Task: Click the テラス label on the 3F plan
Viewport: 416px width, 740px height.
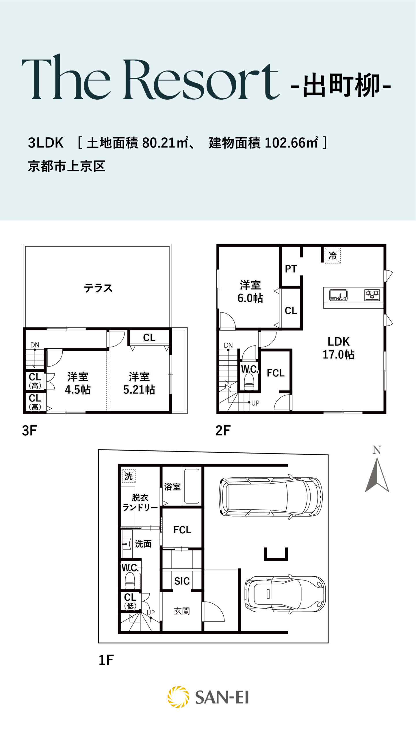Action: click(98, 288)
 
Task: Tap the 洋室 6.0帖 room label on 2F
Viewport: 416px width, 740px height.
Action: click(250, 292)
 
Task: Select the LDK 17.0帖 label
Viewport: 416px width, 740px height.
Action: click(338, 348)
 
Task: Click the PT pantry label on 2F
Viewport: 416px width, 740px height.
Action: click(291, 269)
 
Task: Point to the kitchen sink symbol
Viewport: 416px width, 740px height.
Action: click(338, 295)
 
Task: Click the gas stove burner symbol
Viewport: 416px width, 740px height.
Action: click(372, 295)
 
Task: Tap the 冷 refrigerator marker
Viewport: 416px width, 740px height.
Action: click(333, 256)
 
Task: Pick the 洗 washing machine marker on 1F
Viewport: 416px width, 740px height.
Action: click(129, 476)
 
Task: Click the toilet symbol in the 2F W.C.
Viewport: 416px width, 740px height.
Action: click(249, 382)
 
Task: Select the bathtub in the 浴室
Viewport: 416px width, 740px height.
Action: click(192, 486)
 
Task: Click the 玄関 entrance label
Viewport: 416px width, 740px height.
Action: click(182, 611)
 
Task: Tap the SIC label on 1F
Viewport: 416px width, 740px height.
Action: click(182, 581)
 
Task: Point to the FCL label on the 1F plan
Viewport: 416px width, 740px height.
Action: click(182, 530)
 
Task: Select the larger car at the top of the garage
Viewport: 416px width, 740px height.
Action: click(271, 497)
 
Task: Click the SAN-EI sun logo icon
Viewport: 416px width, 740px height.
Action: click(178, 697)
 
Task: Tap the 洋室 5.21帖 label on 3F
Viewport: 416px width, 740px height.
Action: click(139, 383)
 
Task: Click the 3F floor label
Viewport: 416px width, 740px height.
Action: click(29, 431)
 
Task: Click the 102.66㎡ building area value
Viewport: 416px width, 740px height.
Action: click(291, 143)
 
